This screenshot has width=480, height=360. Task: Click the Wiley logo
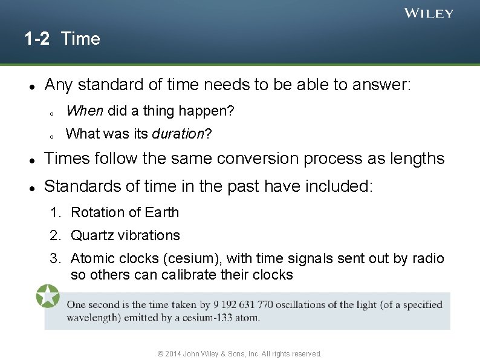pyautogui.click(x=428, y=13)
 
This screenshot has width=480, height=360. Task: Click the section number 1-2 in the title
pyautogui.click(x=37, y=39)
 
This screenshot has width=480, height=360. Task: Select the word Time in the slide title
pyautogui.click(x=80, y=39)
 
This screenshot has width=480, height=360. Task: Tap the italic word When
pyautogui.click(x=85, y=111)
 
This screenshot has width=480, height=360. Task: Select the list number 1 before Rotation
pyautogui.click(x=55, y=212)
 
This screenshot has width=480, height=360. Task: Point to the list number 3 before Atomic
pyautogui.click(x=55, y=259)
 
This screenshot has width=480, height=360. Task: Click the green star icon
pyautogui.click(x=47, y=296)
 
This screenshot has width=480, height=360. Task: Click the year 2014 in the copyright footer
pyautogui.click(x=172, y=353)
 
